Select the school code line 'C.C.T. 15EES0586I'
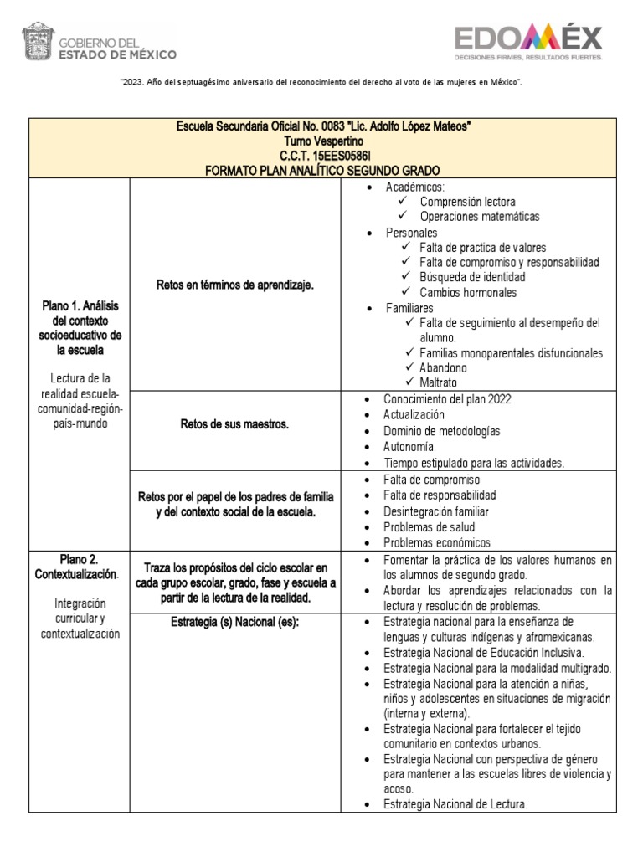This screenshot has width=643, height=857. click(322, 156)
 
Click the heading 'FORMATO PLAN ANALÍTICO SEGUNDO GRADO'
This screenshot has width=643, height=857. click(322, 170)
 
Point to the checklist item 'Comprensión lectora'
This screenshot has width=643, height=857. click(467, 202)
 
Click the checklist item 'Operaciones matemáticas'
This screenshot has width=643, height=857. click(480, 217)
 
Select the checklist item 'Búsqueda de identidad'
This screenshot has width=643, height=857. click(472, 277)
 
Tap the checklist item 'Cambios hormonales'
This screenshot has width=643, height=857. click(468, 292)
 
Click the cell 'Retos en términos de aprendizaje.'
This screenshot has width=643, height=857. click(235, 285)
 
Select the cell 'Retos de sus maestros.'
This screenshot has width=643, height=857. click(235, 424)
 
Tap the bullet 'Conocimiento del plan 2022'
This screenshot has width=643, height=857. click(447, 399)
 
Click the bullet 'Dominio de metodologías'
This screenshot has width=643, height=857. click(441, 431)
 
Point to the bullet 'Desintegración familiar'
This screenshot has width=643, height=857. click(435, 511)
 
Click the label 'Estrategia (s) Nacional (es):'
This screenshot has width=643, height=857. click(235, 622)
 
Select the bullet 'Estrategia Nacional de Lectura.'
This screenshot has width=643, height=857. click(455, 804)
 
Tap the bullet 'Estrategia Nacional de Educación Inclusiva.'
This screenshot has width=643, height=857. click(484, 652)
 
